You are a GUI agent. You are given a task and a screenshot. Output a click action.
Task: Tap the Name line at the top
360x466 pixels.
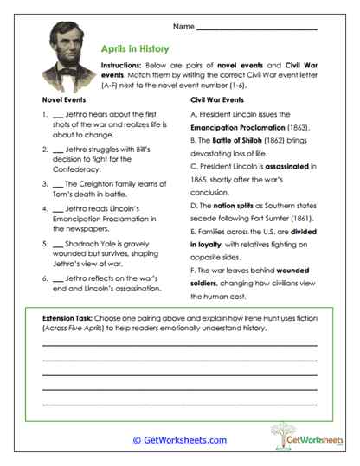(x=256, y=29)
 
